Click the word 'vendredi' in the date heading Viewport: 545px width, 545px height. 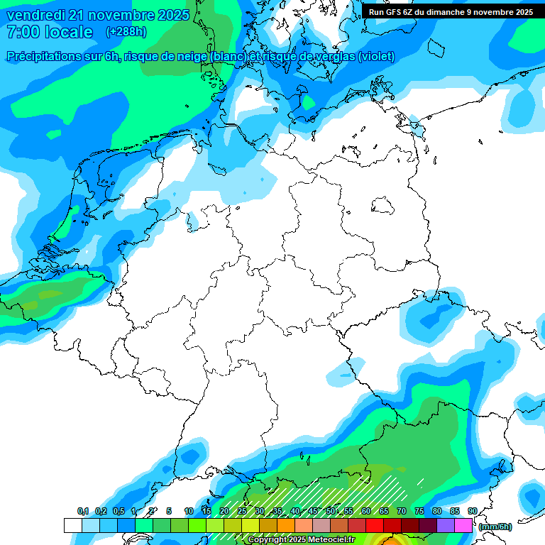coord(34,15)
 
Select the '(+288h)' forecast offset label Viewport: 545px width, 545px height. coord(126,32)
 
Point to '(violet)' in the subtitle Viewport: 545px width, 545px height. coord(378,57)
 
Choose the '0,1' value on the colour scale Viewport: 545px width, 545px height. coord(82,512)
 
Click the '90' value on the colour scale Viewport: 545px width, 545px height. coord(473,512)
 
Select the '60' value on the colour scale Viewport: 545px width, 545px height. coord(366,512)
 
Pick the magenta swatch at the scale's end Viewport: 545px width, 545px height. coord(463,525)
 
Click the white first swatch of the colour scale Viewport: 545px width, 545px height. coord(73,525)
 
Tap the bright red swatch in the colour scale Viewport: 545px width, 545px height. coord(375,525)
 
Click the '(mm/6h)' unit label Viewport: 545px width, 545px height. coord(495,527)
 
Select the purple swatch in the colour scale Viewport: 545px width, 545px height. coord(446,525)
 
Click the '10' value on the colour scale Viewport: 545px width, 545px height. coord(189,512)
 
